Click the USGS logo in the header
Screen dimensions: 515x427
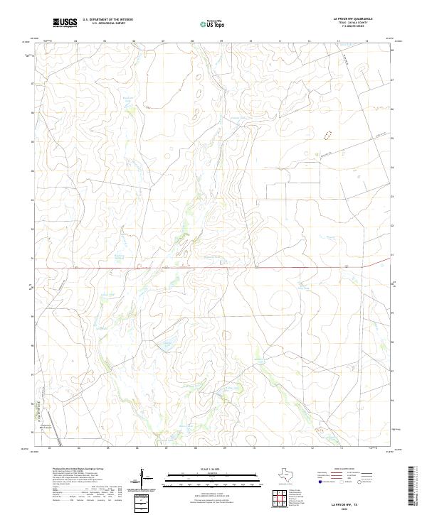65,23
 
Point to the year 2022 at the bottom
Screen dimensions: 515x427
346,508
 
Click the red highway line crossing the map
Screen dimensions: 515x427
213,269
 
